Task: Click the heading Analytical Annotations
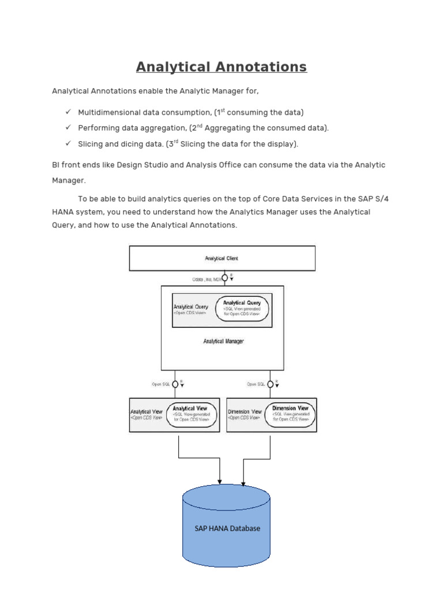221,67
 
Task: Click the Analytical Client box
222,258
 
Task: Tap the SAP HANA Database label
227,528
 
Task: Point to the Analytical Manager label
223,341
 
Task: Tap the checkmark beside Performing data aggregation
67,128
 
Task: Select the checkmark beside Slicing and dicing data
67,143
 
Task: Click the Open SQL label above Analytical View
160,384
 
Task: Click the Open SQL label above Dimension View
256,384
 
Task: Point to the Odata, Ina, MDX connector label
206,279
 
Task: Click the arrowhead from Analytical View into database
220,481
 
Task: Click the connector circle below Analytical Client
224,278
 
